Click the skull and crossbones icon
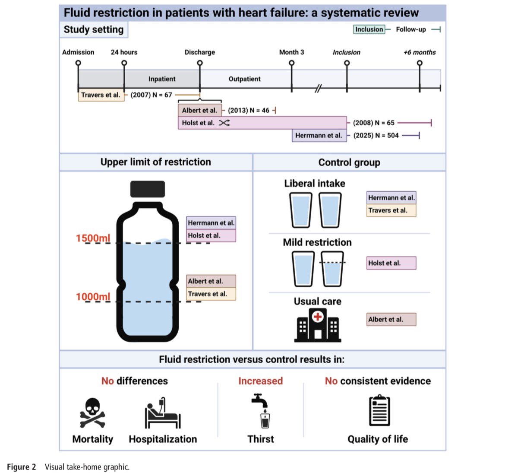(92, 413)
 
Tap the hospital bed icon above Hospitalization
(163, 413)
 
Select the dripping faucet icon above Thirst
(261, 411)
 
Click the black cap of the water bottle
(148, 189)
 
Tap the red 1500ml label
(93, 238)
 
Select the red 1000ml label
(93, 297)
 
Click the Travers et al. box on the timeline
(101, 95)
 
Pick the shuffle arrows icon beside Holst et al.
(224, 123)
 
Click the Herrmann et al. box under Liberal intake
(391, 198)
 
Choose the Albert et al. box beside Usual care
(391, 320)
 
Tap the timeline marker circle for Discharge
(200, 63)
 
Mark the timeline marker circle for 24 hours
(124, 63)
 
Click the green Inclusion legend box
(369, 29)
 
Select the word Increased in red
(261, 381)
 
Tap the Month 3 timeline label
(291, 52)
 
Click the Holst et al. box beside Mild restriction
(391, 263)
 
